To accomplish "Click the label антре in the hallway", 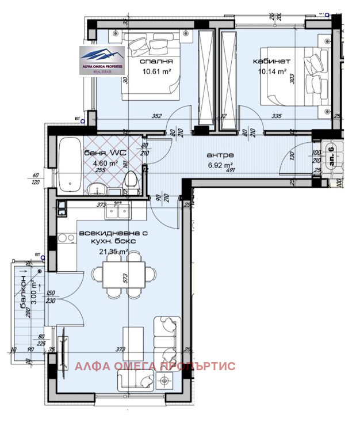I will (220, 155).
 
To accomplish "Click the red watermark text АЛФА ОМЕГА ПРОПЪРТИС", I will (155, 366).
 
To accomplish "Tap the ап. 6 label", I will (331, 156).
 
